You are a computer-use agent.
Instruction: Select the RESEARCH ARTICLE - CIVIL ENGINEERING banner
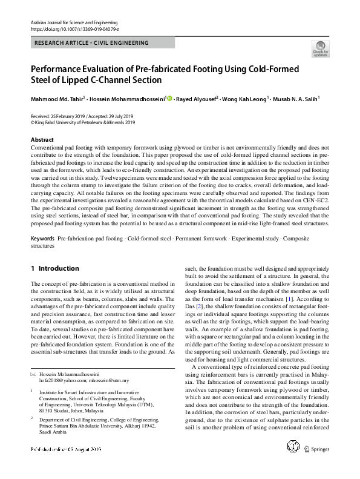pos(93,43)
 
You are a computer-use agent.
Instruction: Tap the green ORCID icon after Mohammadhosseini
pos(169,98)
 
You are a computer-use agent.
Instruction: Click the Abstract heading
pos(42,140)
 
